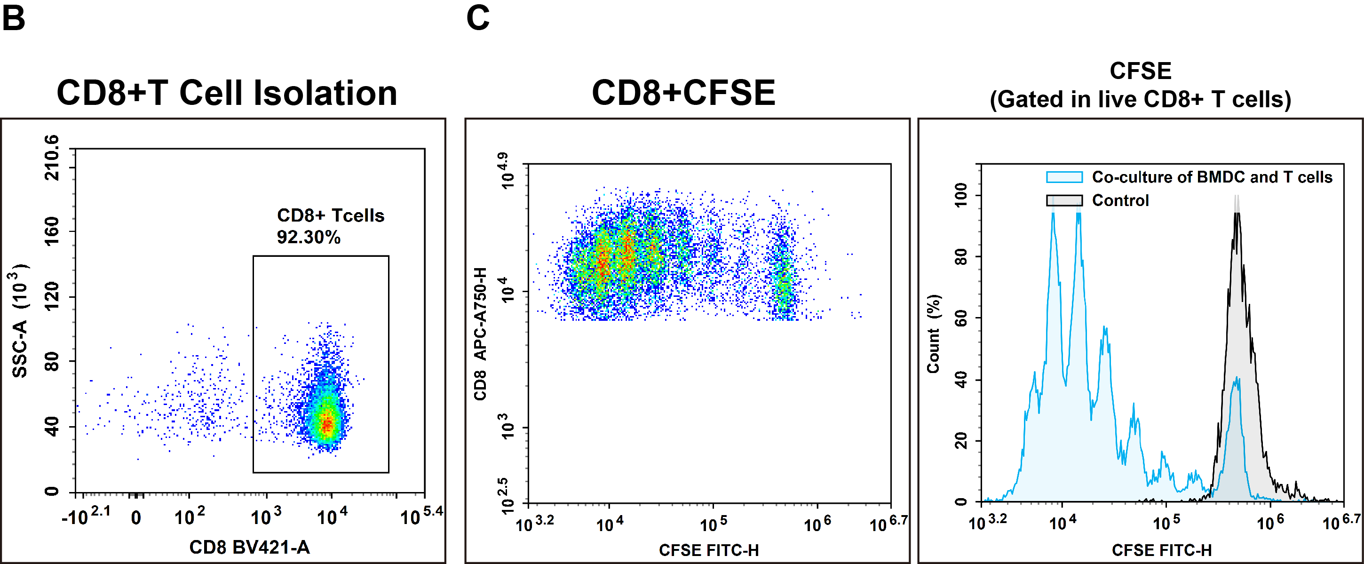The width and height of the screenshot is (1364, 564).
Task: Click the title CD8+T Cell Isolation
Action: tap(227, 93)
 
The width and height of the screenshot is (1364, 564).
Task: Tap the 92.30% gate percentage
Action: tap(308, 237)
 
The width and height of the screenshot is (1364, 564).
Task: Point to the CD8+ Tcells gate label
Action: tap(330, 215)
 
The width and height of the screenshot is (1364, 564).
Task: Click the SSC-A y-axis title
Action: tap(20, 320)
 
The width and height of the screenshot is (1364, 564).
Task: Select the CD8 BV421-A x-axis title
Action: tap(249, 547)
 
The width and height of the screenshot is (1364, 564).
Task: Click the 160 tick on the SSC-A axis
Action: tap(51, 231)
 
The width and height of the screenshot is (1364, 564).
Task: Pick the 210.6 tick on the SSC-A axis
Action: tap(51, 158)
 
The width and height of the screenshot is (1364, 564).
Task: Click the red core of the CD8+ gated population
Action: tap(327, 424)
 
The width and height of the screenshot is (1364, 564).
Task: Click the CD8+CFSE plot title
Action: tap(683, 93)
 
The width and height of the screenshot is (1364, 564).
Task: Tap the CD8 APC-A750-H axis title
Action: tap(480, 334)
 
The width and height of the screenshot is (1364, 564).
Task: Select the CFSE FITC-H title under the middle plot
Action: tap(708, 550)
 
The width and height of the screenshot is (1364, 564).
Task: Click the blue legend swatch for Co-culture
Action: tap(1064, 177)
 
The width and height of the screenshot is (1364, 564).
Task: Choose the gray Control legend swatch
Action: tap(1064, 200)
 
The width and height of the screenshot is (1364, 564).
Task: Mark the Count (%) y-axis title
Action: tap(934, 334)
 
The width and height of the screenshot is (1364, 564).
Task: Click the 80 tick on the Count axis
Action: tap(960, 257)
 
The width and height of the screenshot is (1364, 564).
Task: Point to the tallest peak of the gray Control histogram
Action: tap(1237, 212)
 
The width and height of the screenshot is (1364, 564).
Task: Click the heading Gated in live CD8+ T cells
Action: tap(1140, 100)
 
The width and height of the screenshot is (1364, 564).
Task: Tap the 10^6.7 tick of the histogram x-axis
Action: tap(1340, 523)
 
